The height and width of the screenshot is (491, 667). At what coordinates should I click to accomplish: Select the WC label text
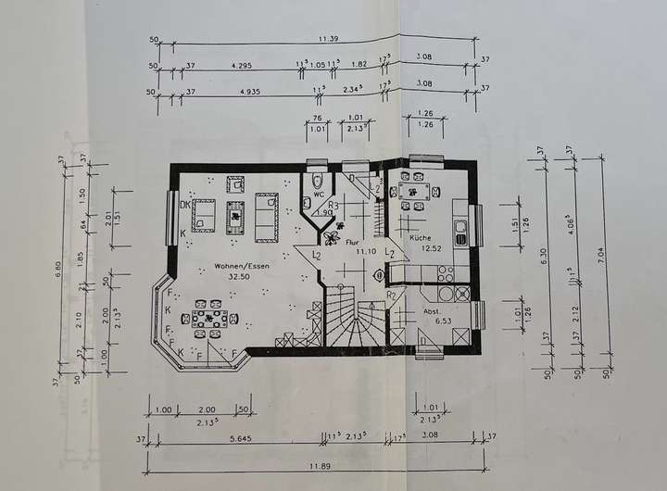coord(319,196)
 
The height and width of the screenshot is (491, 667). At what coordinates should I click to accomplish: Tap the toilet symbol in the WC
coord(318,180)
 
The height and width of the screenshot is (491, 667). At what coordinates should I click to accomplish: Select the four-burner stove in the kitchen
coord(445,273)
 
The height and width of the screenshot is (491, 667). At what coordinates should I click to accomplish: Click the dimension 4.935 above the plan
coord(248,93)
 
